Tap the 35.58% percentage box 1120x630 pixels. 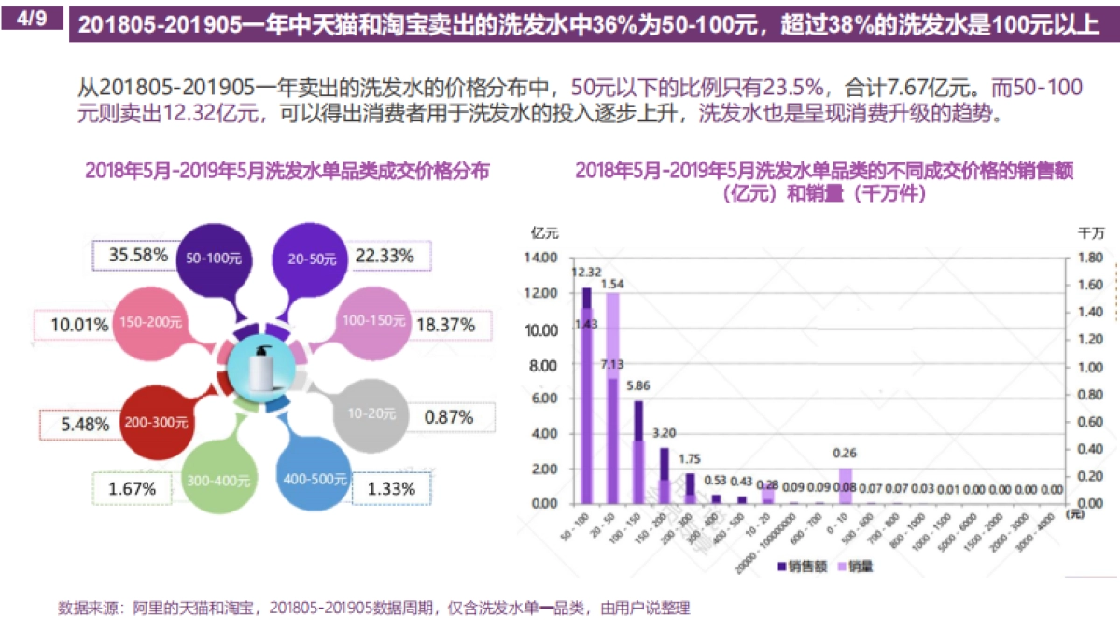(x=137, y=254)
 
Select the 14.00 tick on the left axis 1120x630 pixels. (x=543, y=258)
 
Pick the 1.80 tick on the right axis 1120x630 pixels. (x=1091, y=258)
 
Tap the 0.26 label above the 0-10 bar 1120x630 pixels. (x=846, y=453)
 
